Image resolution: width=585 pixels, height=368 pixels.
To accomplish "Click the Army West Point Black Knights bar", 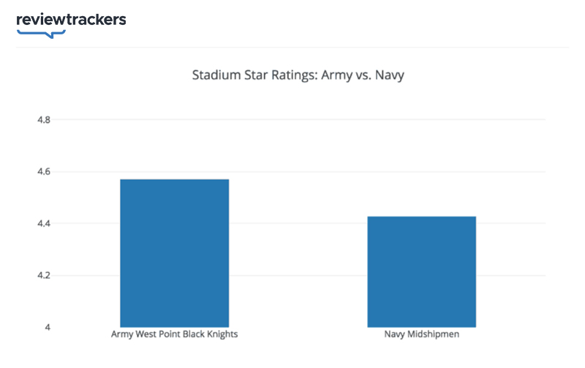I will (175, 252).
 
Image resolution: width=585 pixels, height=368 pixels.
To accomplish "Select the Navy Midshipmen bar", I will (421, 271).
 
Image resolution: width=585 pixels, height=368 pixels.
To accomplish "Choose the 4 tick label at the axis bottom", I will (48, 327).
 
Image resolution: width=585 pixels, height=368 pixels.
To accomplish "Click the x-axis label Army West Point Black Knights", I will (175, 335).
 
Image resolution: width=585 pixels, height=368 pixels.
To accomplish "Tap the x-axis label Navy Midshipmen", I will (421, 335).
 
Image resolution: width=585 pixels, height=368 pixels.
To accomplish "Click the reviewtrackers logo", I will (71, 20).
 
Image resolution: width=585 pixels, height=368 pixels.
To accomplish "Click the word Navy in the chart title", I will (389, 75).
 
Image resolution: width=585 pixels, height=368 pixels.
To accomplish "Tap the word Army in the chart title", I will (338, 75).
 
